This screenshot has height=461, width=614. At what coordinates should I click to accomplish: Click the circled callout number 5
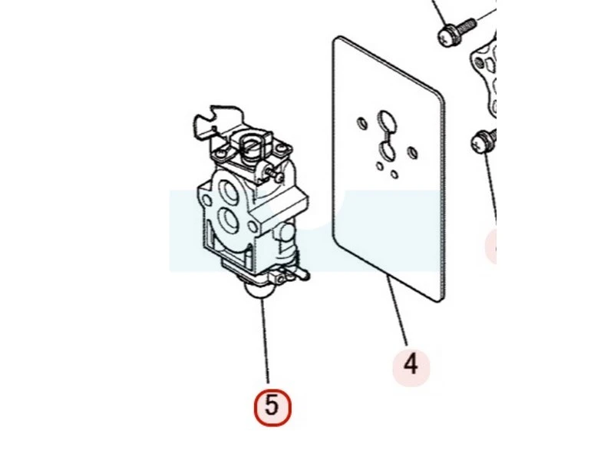(x=272, y=408)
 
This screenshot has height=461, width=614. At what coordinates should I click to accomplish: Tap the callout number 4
(x=411, y=365)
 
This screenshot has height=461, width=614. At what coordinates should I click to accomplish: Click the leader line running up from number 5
(x=266, y=340)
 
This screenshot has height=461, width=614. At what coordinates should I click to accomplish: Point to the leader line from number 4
(x=397, y=310)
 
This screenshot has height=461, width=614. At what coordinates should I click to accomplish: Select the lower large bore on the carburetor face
(x=228, y=219)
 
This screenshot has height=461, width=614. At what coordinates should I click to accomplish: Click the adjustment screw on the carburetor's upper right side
(x=274, y=174)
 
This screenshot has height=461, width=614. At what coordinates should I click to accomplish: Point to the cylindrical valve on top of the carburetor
(x=251, y=147)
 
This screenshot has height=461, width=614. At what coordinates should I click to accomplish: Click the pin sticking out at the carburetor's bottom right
(x=302, y=274)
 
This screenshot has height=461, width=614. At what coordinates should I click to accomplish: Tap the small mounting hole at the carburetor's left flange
(x=207, y=201)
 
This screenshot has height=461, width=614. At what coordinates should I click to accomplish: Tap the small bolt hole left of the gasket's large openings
(x=362, y=124)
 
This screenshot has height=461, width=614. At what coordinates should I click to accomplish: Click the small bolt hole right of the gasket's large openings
(x=413, y=152)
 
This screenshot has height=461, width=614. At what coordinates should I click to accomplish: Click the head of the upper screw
(x=447, y=35)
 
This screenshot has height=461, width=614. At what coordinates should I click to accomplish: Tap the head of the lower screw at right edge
(x=480, y=143)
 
